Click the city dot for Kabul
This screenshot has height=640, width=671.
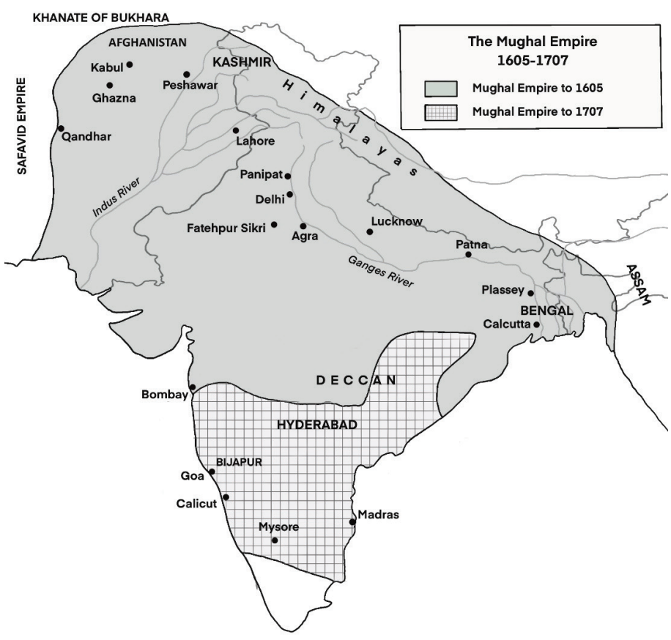click(130, 64)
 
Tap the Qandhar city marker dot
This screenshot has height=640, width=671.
click(59, 129)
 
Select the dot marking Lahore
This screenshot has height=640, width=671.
click(236, 130)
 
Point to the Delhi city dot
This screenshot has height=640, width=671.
click(290, 195)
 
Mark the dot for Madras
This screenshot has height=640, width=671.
click(352, 521)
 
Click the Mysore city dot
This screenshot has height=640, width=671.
click(275, 541)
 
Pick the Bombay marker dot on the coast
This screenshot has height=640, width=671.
click(192, 387)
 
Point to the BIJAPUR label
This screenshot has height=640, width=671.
click(238, 462)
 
